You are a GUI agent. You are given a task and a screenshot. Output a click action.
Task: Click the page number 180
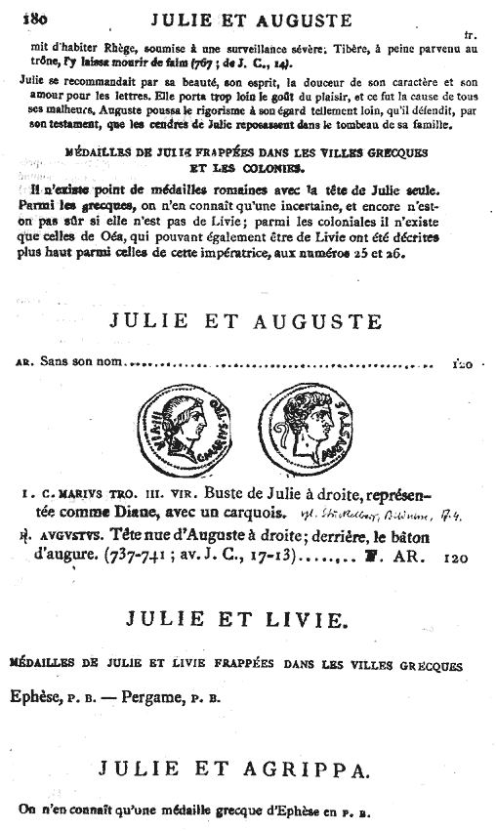[x=35, y=17]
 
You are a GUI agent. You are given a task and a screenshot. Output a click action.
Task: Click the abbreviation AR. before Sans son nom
[x=24, y=364]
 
